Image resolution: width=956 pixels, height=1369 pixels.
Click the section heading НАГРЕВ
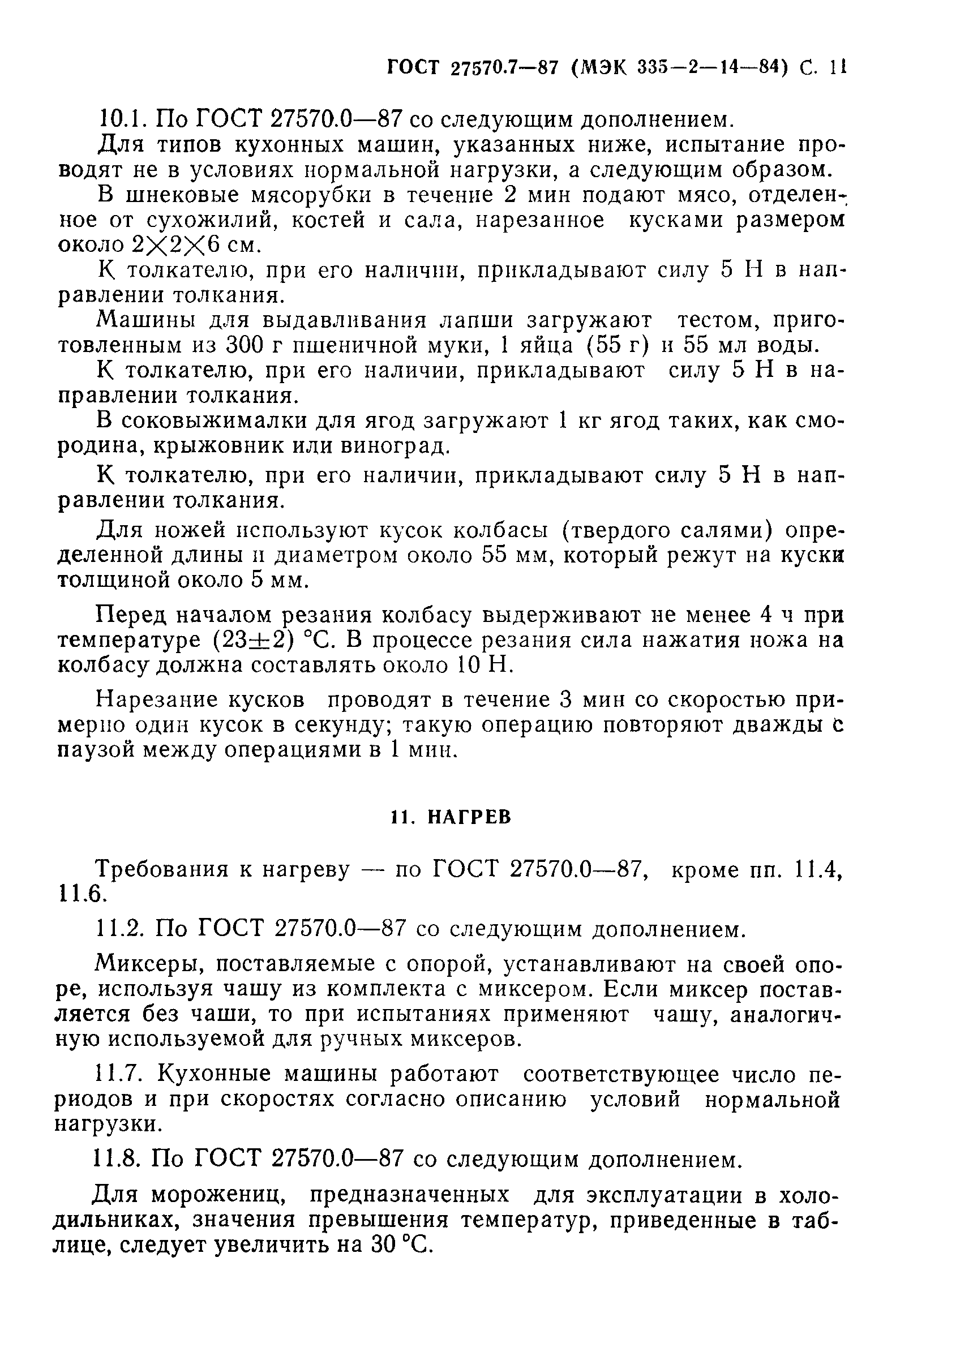(469, 817)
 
